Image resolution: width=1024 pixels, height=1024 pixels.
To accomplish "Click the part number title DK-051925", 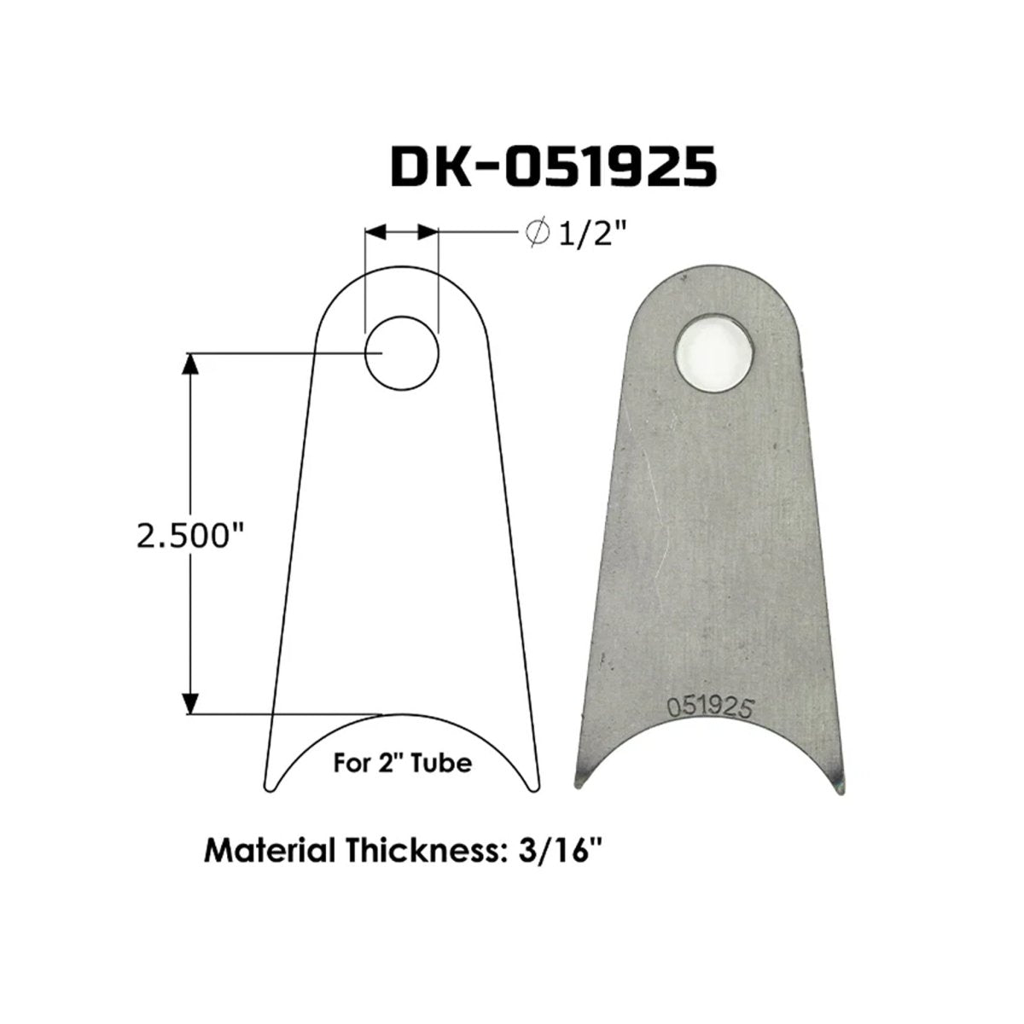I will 553,166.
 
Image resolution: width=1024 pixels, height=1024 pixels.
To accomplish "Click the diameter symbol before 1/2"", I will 538,233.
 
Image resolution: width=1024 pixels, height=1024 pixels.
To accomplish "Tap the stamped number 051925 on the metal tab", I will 708,707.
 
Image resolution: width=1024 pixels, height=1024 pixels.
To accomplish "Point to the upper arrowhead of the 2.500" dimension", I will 191,362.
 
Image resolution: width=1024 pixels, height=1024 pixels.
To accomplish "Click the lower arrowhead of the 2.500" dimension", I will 191,701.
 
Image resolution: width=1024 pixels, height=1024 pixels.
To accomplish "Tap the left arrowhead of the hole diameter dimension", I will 376,232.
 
